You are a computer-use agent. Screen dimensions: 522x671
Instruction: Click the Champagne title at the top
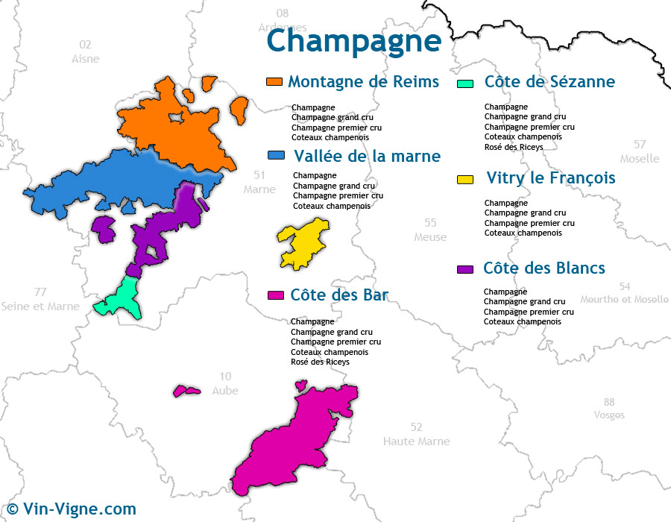pyautogui.click(x=353, y=40)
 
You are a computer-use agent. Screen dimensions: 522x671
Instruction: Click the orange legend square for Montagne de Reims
pyautogui.click(x=274, y=81)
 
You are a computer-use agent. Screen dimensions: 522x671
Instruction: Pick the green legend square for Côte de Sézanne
pyautogui.click(x=466, y=83)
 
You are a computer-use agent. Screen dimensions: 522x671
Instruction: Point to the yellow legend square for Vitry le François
pyautogui.click(x=465, y=179)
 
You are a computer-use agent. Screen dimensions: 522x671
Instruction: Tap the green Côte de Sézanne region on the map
pyautogui.click(x=121, y=299)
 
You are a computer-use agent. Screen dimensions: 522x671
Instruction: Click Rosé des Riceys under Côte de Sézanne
pyautogui.click(x=514, y=147)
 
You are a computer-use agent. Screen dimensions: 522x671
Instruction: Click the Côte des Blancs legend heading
pyautogui.click(x=544, y=268)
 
